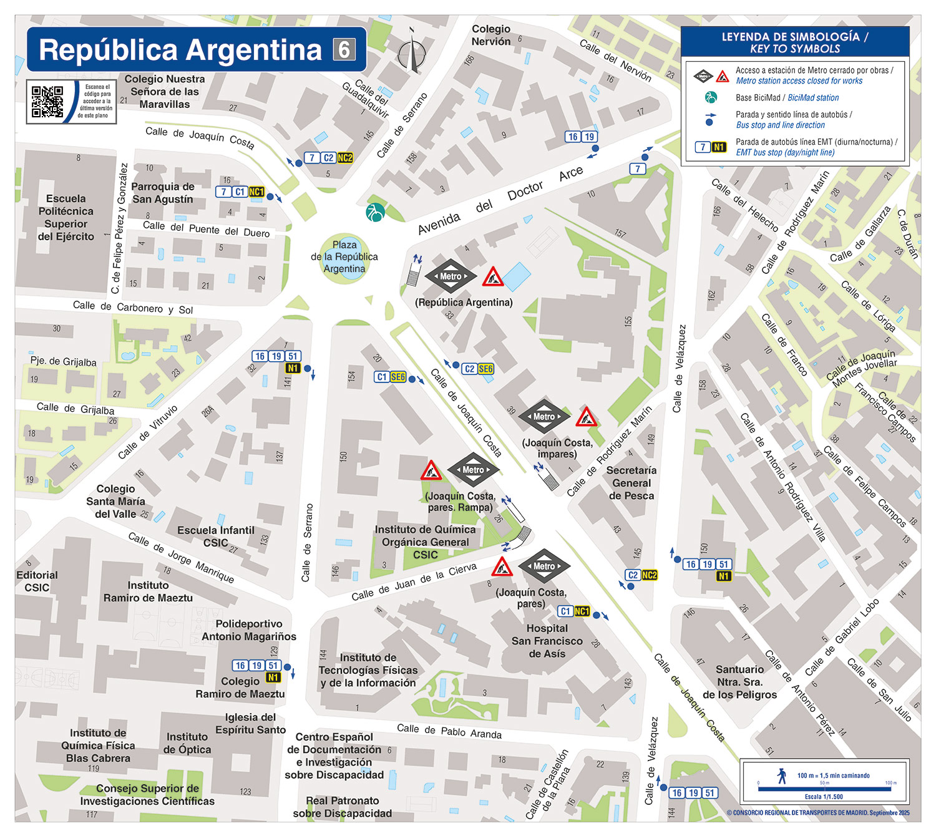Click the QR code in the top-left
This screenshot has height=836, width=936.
point(47,102)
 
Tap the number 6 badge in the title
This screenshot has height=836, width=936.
point(344,50)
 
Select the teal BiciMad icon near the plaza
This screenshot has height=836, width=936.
point(375,212)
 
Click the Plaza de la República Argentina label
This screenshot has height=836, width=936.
point(344,257)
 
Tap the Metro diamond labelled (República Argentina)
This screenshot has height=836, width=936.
point(451,276)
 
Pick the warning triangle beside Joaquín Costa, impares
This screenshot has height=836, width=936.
point(586,417)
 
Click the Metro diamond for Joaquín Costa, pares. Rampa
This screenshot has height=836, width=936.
point(473,470)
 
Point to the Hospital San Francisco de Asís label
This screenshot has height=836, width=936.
point(547,641)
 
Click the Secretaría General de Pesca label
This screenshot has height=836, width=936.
point(631,483)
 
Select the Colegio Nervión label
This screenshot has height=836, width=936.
point(491,36)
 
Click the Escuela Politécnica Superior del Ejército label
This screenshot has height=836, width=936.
point(66,218)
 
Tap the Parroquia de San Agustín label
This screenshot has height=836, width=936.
point(163,193)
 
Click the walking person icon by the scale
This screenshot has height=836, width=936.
point(782,775)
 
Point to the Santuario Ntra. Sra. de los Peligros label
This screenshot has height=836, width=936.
point(740,682)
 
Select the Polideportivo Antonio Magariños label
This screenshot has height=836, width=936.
point(249,630)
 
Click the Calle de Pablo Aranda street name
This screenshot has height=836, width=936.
point(449,731)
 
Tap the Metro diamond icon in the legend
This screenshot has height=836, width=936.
point(703,77)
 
